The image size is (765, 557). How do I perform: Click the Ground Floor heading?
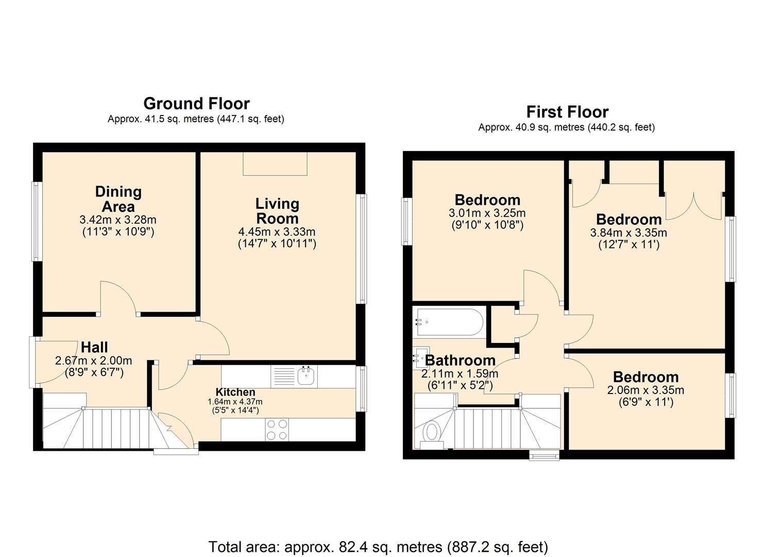196,104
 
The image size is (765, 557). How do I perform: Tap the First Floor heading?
567,112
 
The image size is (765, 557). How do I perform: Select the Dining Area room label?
118,199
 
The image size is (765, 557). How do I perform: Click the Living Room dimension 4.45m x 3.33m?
277,232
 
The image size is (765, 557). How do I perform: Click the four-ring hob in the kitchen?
277,429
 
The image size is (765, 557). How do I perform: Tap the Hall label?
94,347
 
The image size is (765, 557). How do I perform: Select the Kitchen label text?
235,392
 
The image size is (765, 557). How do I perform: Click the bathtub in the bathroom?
449,322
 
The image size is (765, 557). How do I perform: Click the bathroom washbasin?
420,357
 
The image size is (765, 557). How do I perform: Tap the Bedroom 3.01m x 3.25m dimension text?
487,213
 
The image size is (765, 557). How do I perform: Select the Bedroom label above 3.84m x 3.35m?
628,219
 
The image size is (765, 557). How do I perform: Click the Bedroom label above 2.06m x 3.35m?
645,377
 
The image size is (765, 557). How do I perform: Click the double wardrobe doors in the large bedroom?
693,206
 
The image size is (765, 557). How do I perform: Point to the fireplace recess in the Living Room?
275,163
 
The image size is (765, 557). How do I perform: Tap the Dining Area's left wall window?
36,221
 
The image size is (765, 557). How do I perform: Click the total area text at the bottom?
378,546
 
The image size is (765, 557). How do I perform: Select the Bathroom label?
460,361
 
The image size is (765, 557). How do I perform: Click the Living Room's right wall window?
363,248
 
